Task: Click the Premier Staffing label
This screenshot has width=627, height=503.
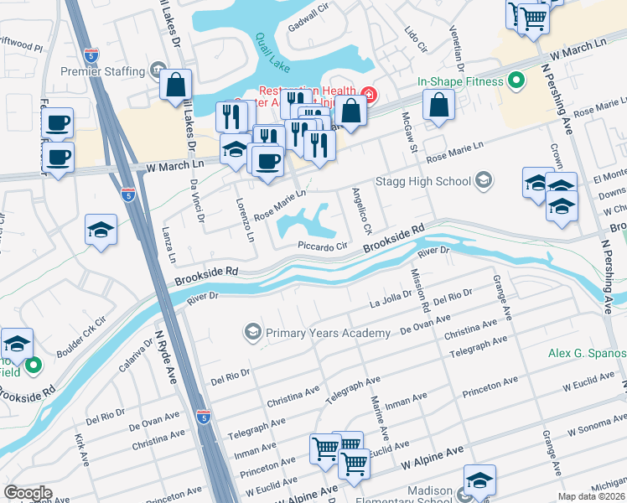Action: (x=102, y=72)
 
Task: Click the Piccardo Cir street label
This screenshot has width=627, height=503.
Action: (x=323, y=246)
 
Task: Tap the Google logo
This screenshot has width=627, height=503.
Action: (x=28, y=492)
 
